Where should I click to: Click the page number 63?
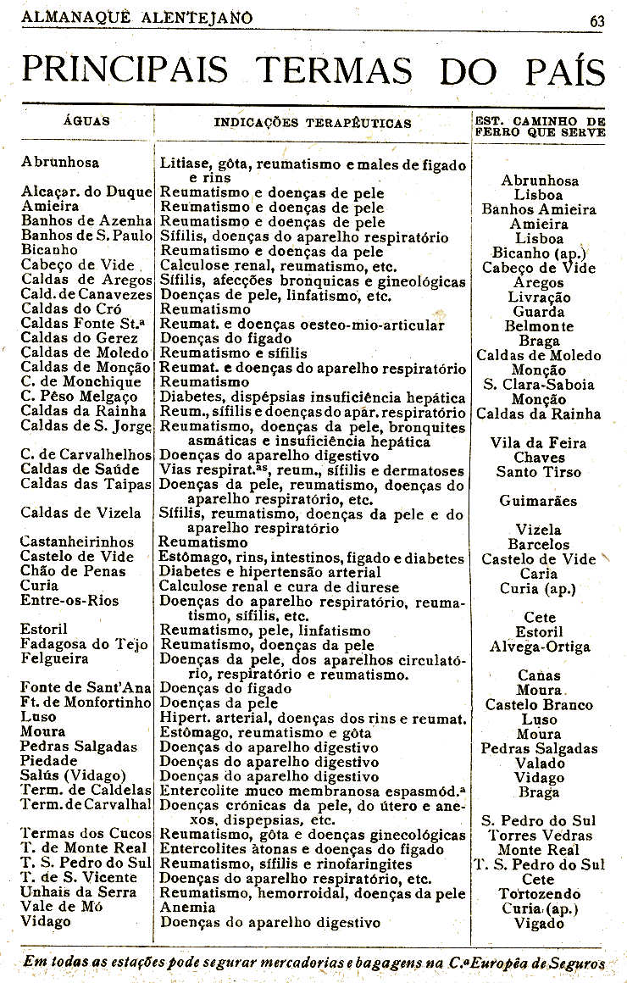pos(597,21)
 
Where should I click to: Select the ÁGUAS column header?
pos(86,121)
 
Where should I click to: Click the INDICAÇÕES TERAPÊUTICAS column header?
pos(313,123)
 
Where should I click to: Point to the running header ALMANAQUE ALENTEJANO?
pos(137,16)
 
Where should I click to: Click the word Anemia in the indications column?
pos(186,907)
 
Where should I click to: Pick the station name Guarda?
pos(539,312)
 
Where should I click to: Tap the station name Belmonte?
pos(539,326)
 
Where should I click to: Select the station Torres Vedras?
pos(539,835)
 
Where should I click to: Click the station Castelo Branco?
pos(539,704)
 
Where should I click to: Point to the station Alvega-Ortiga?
pos(540,647)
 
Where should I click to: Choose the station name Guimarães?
pos(539,501)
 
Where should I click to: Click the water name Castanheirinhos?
pos(77,541)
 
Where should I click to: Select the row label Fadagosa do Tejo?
pos(84,644)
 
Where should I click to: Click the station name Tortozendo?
pos(539,894)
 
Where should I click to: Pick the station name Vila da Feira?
pos(539,442)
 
